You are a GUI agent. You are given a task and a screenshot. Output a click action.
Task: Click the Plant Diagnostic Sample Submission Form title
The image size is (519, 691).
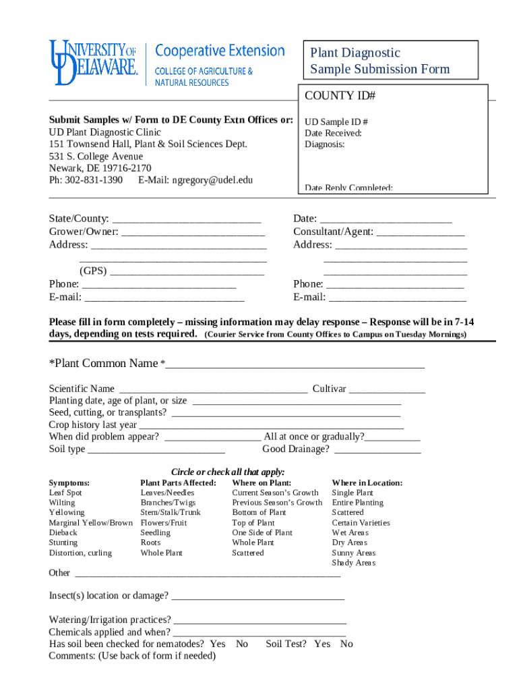[x=379, y=61]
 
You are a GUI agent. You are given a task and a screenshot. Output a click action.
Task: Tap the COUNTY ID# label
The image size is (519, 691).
[x=340, y=96]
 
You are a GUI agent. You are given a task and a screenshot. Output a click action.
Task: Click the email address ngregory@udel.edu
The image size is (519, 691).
[x=212, y=180]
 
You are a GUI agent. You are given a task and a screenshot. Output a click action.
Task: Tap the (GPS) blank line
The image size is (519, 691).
[x=187, y=273]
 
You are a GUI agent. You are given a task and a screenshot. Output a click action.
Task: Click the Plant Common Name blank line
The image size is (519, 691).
[x=295, y=366]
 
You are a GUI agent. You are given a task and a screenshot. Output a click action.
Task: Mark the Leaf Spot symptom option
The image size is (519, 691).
[x=65, y=493]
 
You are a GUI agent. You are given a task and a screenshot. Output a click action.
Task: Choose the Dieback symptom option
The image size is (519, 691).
[x=63, y=533]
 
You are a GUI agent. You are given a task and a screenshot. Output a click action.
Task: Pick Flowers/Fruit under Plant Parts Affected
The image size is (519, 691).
[x=164, y=523]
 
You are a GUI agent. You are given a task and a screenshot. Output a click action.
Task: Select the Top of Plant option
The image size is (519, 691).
[x=253, y=523]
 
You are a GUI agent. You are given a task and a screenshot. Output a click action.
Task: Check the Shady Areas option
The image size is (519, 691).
[x=353, y=563]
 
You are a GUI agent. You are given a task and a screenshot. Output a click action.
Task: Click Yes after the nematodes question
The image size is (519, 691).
[x=217, y=644]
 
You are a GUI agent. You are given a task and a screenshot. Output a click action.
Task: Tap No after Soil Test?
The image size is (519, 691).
[x=346, y=644]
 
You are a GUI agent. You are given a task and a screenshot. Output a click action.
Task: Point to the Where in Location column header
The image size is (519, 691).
[x=367, y=483]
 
